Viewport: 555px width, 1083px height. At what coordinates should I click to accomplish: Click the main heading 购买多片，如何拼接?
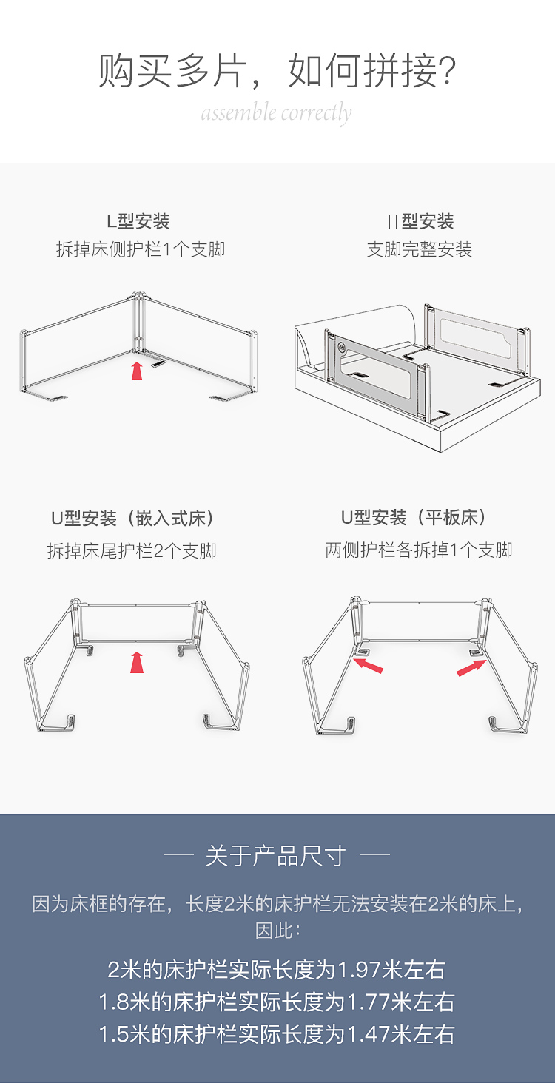click(277, 70)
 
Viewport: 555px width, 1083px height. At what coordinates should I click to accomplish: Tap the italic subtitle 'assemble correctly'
click(277, 114)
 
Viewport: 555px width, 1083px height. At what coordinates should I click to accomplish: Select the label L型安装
click(138, 221)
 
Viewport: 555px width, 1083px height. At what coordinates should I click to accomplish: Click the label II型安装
click(420, 221)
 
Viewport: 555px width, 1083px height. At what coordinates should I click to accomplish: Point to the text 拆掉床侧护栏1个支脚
click(141, 249)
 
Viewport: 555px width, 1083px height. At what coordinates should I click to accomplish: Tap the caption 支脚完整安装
click(419, 249)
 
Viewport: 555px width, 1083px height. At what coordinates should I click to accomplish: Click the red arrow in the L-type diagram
click(137, 371)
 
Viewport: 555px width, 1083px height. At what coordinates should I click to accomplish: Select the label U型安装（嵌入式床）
click(132, 519)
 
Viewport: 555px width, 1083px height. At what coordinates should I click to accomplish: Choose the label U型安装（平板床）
click(414, 518)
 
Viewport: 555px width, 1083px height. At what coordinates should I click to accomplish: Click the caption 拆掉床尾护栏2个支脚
click(132, 550)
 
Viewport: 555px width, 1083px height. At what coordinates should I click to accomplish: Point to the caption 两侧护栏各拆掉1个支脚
click(419, 550)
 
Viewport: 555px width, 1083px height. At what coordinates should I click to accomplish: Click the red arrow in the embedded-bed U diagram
click(137, 662)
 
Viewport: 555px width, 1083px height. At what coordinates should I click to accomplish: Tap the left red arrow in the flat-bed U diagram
click(369, 665)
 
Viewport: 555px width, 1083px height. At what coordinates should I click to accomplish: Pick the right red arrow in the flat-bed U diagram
click(471, 668)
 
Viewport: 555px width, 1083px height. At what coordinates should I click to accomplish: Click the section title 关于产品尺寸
click(276, 856)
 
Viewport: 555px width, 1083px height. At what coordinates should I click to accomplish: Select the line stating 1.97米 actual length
click(277, 970)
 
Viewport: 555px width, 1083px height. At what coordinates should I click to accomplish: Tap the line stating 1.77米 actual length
click(277, 1002)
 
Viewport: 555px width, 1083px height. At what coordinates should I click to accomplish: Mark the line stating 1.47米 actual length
click(277, 1035)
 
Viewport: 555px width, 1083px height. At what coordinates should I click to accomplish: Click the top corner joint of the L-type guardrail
click(138, 296)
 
